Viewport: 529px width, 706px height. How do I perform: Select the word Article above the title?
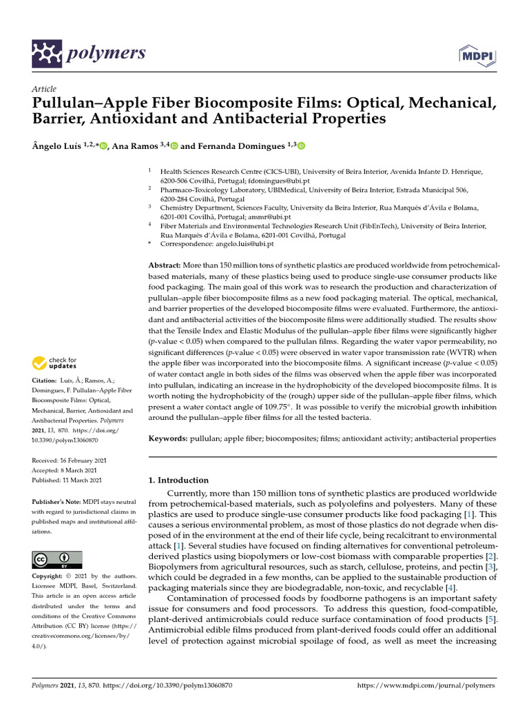coord(45,90)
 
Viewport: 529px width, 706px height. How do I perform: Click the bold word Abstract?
coord(165,266)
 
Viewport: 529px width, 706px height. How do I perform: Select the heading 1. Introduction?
coord(178,480)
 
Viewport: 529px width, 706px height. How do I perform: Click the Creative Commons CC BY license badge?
coord(56,559)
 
